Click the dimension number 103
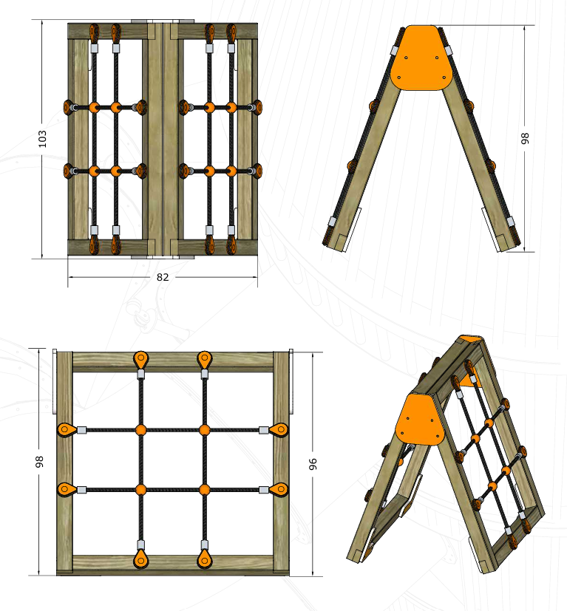(42, 139)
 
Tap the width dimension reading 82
(163, 277)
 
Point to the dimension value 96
(313, 464)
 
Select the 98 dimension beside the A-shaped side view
(525, 138)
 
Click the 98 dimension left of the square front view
(39, 462)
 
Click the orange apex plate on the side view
(421, 58)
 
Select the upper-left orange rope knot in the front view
(140, 430)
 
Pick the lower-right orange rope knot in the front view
(204, 489)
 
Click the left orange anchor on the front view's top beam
(140, 359)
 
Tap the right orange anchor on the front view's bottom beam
(204, 559)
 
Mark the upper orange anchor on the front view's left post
(67, 430)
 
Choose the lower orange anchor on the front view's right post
(279, 489)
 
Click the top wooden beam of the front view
(173, 361)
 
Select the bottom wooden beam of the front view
(173, 564)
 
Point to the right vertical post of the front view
(281, 463)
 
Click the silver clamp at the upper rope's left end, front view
(81, 430)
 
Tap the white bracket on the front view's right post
(291, 382)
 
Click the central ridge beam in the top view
(163, 140)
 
